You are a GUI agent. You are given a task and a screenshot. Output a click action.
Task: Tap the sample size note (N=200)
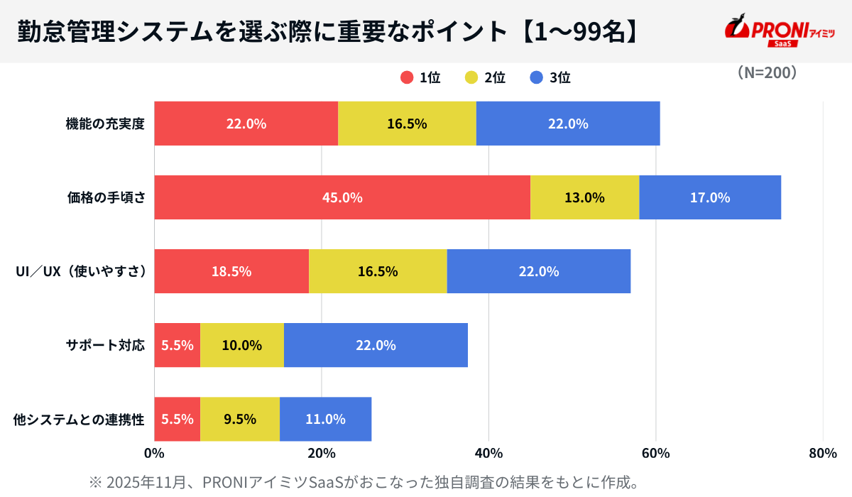pos(767,73)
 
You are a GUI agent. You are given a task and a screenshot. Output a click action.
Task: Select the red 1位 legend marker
pos(407,78)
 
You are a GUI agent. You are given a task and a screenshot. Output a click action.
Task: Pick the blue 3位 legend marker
pos(537,78)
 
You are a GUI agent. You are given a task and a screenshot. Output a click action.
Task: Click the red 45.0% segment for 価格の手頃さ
pos(342,197)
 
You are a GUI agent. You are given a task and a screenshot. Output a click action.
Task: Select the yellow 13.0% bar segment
pos(584,197)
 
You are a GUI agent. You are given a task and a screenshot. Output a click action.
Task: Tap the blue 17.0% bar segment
pos(710,197)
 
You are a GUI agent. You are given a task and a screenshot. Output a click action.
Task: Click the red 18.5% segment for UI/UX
pos(231,271)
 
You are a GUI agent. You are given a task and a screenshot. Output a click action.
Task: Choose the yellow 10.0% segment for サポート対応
pos(242,346)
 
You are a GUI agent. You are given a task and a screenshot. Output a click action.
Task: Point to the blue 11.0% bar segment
pos(325,419)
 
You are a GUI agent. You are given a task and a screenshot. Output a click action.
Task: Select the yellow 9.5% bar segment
pos(240,419)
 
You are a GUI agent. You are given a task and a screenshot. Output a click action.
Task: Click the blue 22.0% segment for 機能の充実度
pos(568,124)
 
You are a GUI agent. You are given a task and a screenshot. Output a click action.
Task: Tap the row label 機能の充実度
pos(105,124)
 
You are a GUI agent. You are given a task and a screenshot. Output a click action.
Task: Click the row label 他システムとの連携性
pos(79,420)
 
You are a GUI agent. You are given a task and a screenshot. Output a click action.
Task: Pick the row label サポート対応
pos(105,346)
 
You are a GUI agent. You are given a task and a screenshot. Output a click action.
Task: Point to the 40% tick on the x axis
pos(488,454)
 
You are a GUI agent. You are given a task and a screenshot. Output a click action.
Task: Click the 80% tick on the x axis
pos(822,454)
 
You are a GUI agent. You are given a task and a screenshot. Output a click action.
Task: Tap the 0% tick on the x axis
pos(154,454)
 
